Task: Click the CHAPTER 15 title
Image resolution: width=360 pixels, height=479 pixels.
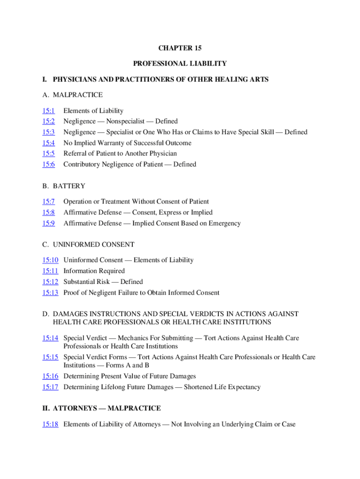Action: [180, 48]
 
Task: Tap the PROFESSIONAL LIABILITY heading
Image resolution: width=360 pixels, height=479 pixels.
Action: [180, 63]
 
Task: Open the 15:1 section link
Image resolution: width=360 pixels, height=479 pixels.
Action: [49, 111]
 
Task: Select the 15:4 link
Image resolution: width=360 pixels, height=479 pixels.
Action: [49, 143]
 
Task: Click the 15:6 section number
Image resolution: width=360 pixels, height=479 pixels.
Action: [49, 164]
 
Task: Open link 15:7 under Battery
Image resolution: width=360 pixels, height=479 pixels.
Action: [49, 202]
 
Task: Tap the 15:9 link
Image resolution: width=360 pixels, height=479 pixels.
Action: [49, 223]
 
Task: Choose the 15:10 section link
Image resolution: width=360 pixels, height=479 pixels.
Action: [50, 260]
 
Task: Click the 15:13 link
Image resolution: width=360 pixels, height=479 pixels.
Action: [50, 293]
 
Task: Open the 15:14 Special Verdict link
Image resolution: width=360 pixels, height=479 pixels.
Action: [50, 338]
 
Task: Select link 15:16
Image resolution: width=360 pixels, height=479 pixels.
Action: [50, 376]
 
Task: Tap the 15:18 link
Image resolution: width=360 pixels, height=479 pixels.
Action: [50, 425]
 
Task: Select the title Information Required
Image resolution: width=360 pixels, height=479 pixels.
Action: [94, 271]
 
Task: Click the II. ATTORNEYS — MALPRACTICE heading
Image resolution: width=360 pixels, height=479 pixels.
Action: [101, 408]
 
